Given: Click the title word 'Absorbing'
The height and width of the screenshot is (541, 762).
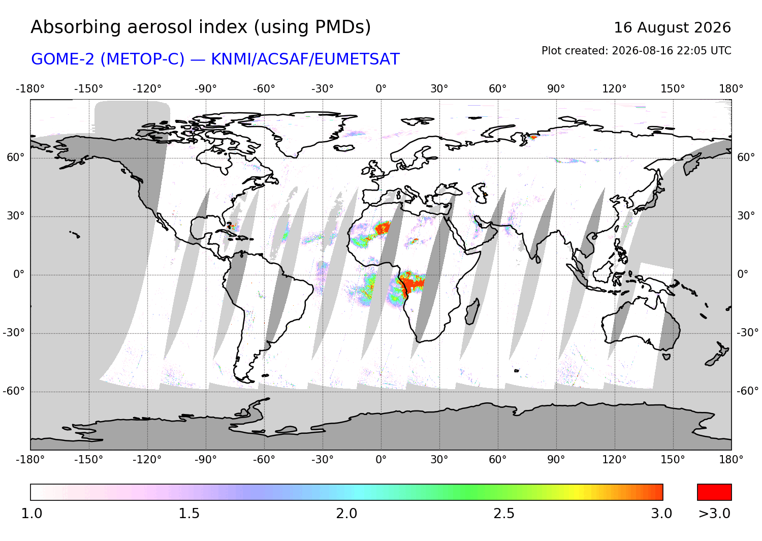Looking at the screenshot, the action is [77, 28].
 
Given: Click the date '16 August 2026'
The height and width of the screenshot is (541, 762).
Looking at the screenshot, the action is [672, 27].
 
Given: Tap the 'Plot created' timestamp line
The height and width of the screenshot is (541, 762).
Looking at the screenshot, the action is [636, 51].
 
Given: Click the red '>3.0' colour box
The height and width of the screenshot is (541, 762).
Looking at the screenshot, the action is [714, 492].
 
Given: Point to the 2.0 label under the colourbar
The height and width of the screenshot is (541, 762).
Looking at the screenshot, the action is [346, 514].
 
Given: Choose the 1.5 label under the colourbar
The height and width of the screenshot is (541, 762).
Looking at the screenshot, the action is [189, 514].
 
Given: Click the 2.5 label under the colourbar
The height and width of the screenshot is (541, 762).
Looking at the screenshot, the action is [504, 514].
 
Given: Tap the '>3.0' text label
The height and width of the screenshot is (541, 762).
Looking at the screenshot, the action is [714, 514].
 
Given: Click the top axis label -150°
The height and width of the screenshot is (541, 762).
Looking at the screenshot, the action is [88, 89].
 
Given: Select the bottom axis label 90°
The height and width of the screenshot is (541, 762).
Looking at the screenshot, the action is [556, 460].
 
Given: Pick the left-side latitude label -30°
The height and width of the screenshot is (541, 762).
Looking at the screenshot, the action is [14, 332].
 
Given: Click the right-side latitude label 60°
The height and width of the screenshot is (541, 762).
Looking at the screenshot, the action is [746, 157].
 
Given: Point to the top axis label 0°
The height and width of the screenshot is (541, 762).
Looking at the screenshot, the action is [381, 89].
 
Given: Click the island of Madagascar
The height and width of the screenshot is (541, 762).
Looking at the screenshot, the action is [472, 312].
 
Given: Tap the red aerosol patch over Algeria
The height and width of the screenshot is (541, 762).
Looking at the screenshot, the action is [383, 227].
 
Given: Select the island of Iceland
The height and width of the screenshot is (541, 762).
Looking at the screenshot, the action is [344, 148].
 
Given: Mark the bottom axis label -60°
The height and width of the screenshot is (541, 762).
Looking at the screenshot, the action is [264, 460].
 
